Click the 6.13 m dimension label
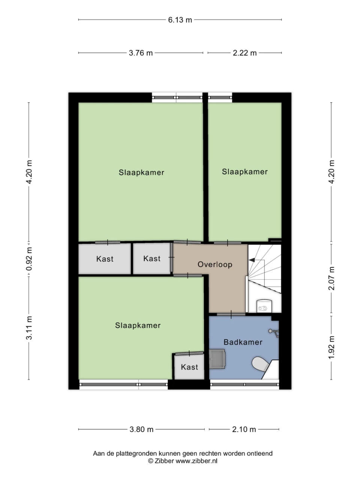click(x=180, y=20)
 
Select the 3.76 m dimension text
click(x=141, y=53)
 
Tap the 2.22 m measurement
click(x=244, y=53)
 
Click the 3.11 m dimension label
click(x=30, y=328)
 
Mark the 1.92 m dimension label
click(x=331, y=347)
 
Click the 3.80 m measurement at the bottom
click(x=141, y=429)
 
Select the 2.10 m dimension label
click(x=244, y=429)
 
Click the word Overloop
click(x=215, y=264)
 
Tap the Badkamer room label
click(x=243, y=342)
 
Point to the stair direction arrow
click(x=252, y=259)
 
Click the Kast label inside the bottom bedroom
click(x=189, y=367)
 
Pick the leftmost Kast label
click(x=105, y=259)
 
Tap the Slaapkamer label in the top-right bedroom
click(x=244, y=172)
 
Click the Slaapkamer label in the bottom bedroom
click(x=138, y=325)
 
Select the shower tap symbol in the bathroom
click(x=274, y=331)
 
